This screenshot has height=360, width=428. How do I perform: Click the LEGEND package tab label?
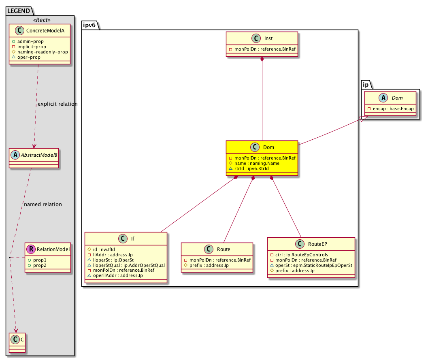[19, 11]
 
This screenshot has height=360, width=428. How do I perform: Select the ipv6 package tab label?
[89, 25]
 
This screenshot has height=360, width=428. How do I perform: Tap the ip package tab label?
[366, 85]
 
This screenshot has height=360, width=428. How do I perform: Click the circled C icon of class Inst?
[256, 38]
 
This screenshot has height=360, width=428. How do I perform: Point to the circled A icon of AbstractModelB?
[15, 155]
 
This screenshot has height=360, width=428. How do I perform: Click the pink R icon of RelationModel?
[31, 249]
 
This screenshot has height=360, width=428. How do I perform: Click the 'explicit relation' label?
[57, 104]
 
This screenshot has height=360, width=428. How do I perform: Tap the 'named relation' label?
[43, 204]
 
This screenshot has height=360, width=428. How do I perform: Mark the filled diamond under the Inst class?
[262, 59]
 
